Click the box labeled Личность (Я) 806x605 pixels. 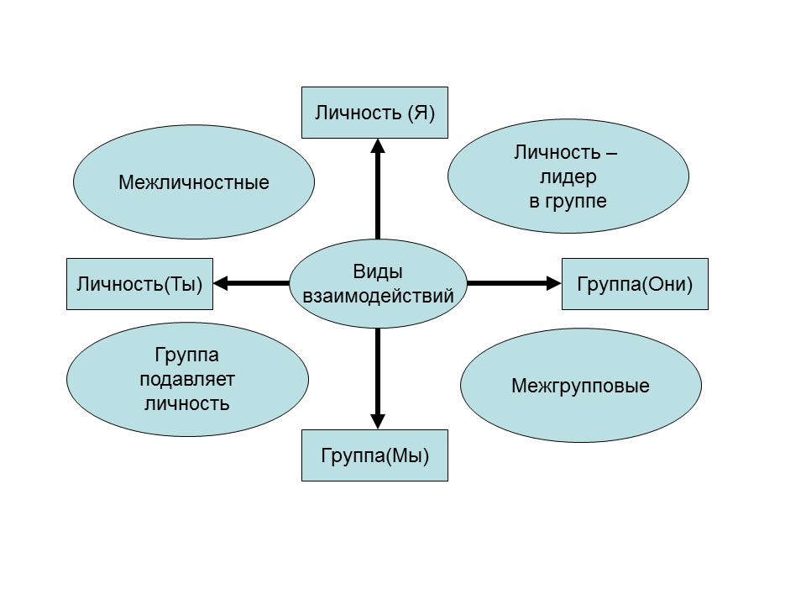point(374,113)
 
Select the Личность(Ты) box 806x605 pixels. point(139,284)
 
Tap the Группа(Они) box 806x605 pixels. point(635,284)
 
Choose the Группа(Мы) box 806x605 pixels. point(374,455)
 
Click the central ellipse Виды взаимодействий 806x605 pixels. point(378,284)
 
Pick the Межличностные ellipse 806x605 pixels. point(194,182)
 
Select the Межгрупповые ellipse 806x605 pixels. point(580,387)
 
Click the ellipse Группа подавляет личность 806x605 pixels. point(186,379)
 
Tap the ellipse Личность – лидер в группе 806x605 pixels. point(568,176)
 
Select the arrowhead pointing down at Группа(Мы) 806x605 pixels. point(378,421)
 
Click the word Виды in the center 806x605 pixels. point(378,272)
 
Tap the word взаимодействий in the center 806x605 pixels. point(378,296)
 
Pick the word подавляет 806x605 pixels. point(186,379)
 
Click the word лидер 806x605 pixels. point(568,177)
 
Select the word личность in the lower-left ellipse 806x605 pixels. point(186,402)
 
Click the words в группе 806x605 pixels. point(568,202)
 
